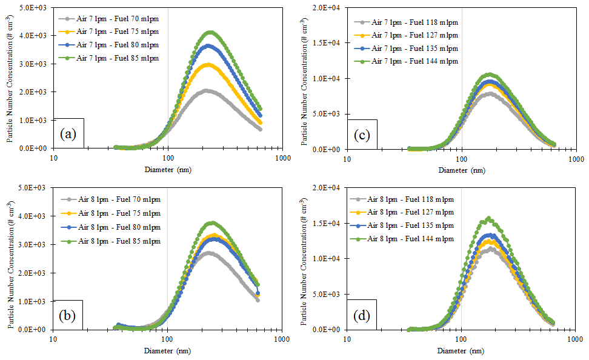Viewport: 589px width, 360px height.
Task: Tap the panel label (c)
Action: [362, 135]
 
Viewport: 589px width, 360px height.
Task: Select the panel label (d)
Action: [362, 316]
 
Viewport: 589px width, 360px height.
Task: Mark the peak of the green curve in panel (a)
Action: [210, 32]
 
